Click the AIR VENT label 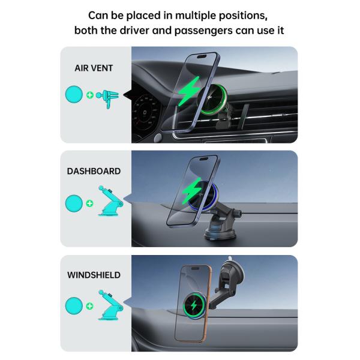coord(94,68)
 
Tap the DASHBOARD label coord(94,171)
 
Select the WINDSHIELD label coord(94,275)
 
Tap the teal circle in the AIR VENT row coord(74,95)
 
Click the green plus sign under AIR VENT coord(90,95)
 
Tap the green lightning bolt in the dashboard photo coord(193,191)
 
